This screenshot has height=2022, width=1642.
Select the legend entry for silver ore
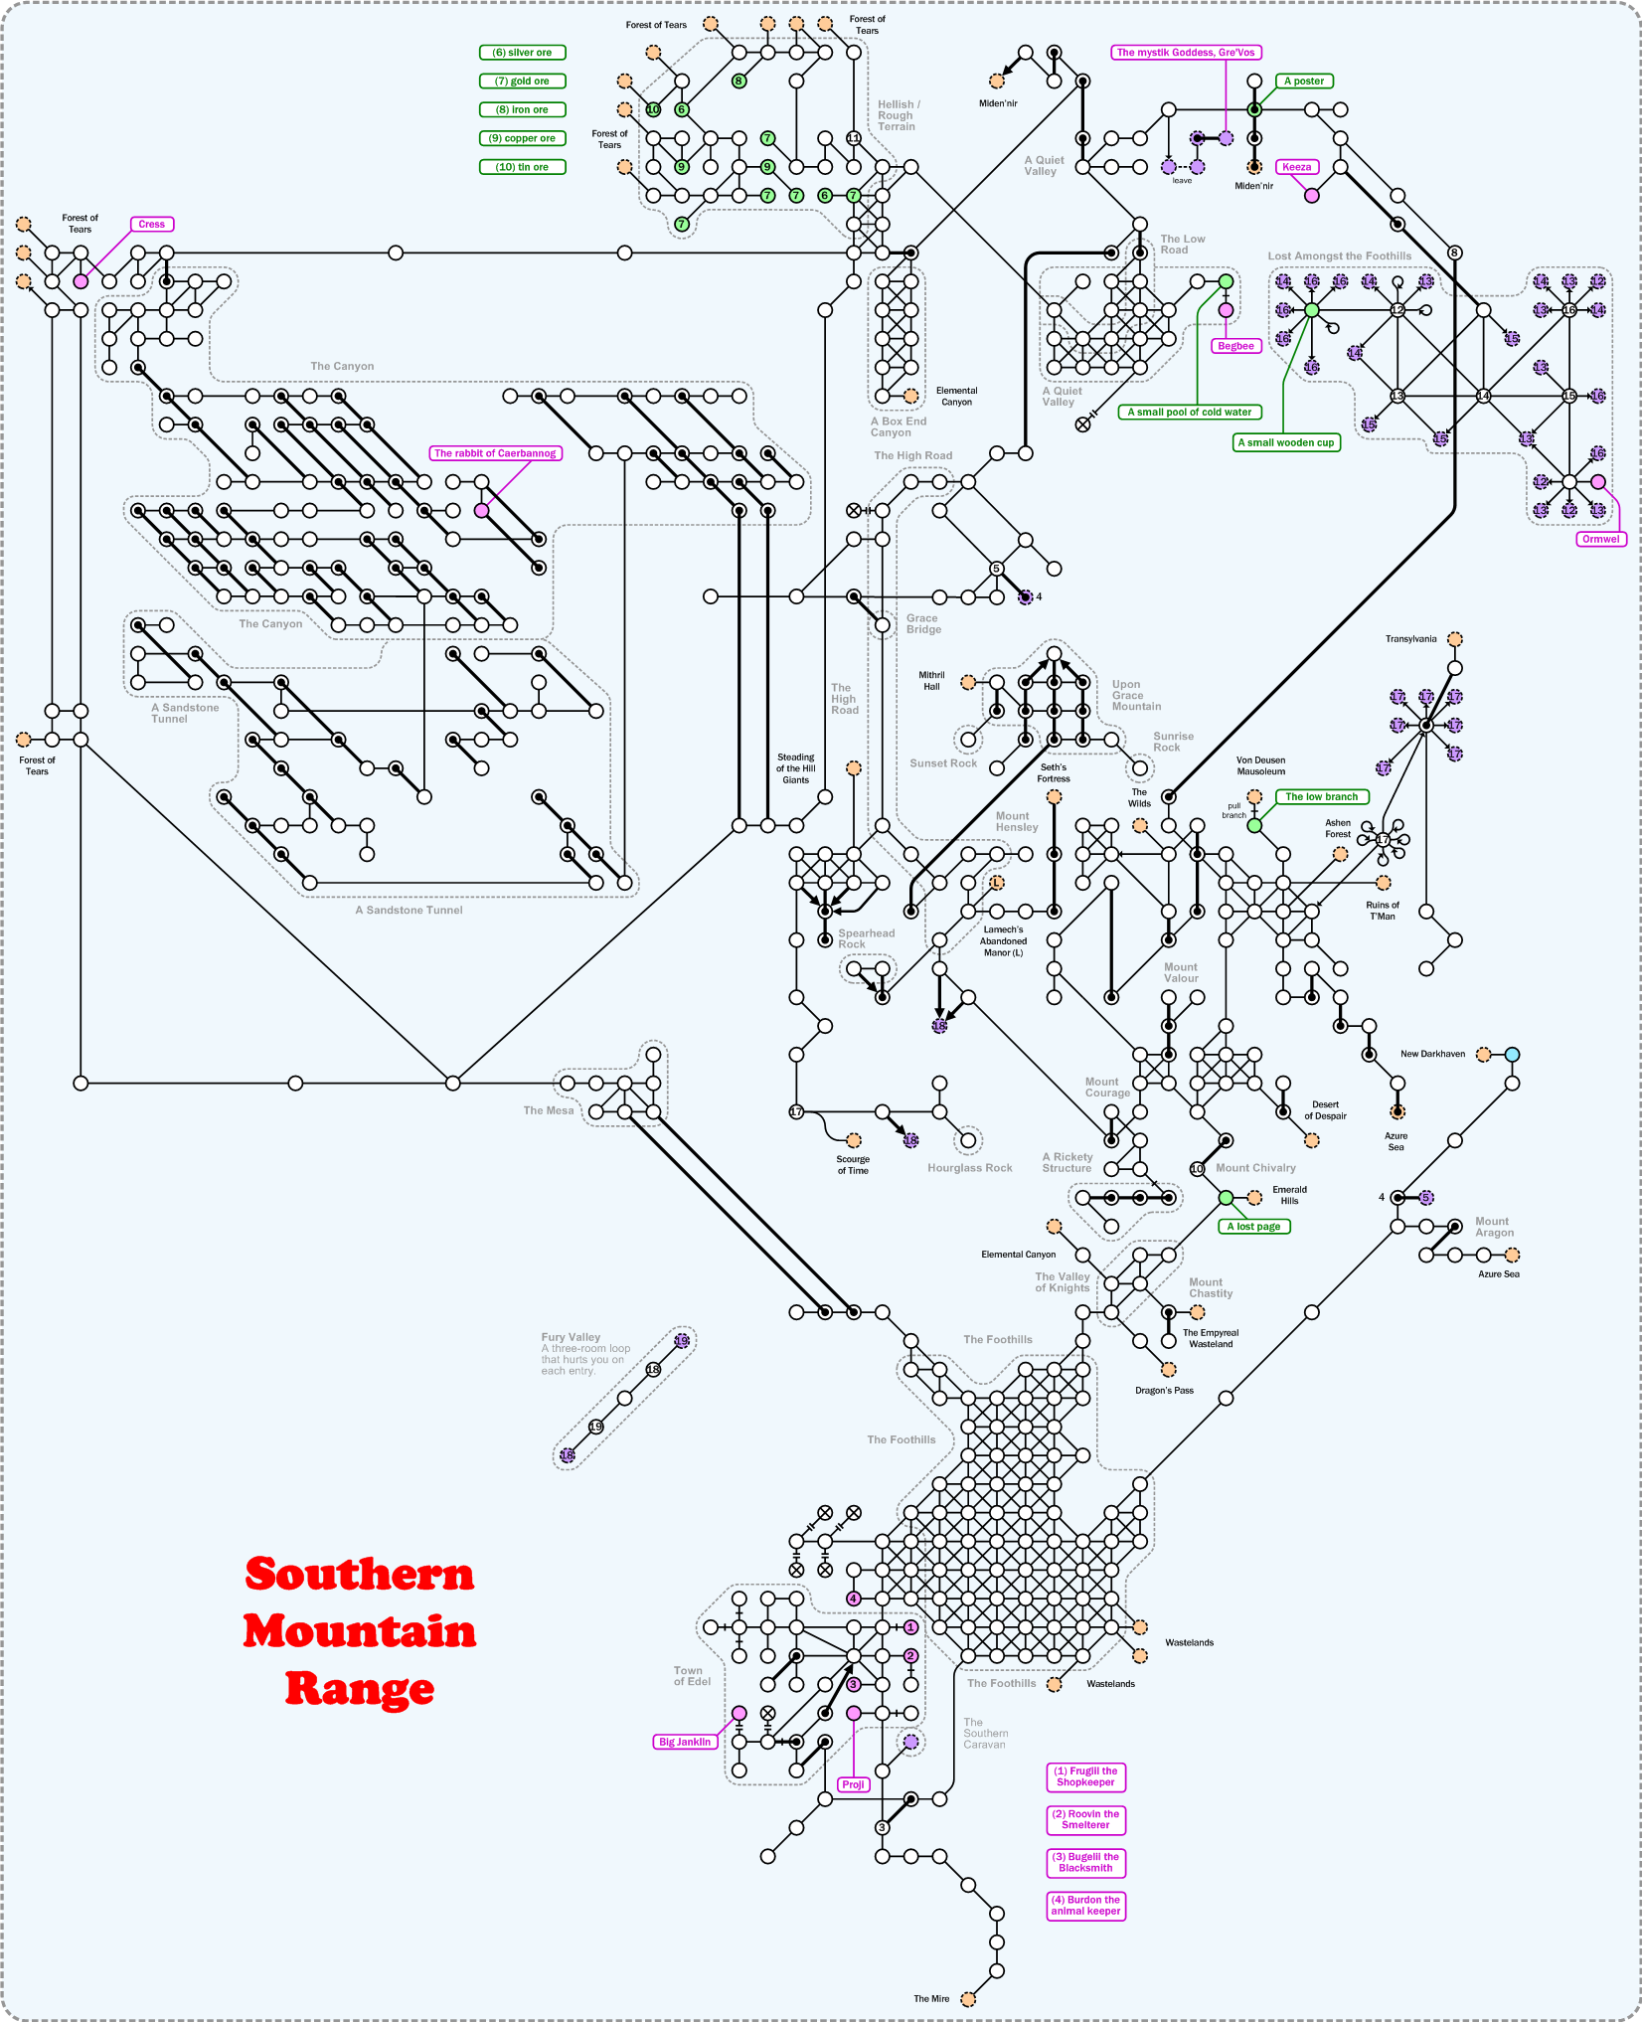[x=523, y=53]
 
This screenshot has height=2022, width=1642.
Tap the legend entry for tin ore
[x=523, y=167]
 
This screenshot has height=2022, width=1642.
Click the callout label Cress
[x=152, y=225]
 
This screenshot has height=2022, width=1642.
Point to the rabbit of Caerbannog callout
[x=496, y=453]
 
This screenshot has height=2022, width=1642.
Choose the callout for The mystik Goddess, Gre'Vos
[x=1186, y=53]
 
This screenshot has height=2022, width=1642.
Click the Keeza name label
[x=1297, y=167]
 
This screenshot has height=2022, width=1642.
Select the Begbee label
[x=1235, y=346]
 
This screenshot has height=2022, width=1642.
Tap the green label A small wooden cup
[x=1286, y=442]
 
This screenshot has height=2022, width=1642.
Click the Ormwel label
[x=1600, y=539]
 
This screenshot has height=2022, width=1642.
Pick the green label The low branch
[x=1321, y=797]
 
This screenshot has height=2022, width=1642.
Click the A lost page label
[x=1253, y=1227]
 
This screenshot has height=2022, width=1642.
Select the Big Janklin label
[x=685, y=1742]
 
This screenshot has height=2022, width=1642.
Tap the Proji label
[x=853, y=1784]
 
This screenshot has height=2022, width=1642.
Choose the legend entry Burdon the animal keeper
[x=1085, y=1905]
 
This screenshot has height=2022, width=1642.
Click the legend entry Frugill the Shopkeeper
[x=1085, y=1776]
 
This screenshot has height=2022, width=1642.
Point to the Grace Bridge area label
[x=923, y=623]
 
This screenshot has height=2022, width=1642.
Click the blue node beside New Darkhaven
[x=1512, y=1055]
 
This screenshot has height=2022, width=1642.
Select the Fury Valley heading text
[x=571, y=1337]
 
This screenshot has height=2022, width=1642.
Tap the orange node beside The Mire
[x=968, y=1999]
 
